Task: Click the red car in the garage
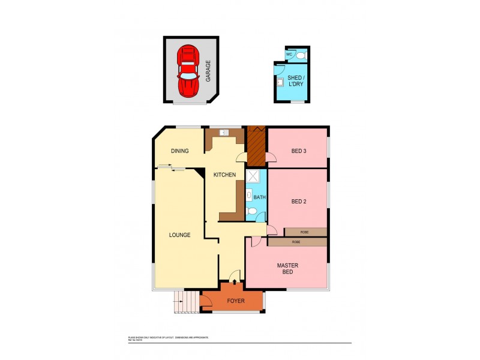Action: pos(188,70)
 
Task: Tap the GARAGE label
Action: pos(208,71)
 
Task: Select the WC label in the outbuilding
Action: pos(289,55)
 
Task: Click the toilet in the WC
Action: pos(302,55)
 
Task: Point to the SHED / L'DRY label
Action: pos(295,81)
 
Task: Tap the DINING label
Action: pos(180,151)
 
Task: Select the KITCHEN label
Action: pos(224,175)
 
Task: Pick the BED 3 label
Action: pos(299,151)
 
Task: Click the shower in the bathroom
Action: pos(253,176)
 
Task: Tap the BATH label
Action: pos(259,197)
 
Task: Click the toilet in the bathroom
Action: pos(253,211)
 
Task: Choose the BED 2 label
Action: pos(299,202)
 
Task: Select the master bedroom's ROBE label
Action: pos(296,242)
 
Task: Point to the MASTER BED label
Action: pos(287,269)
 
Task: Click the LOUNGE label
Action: pos(179,235)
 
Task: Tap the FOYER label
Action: pos(236,301)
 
